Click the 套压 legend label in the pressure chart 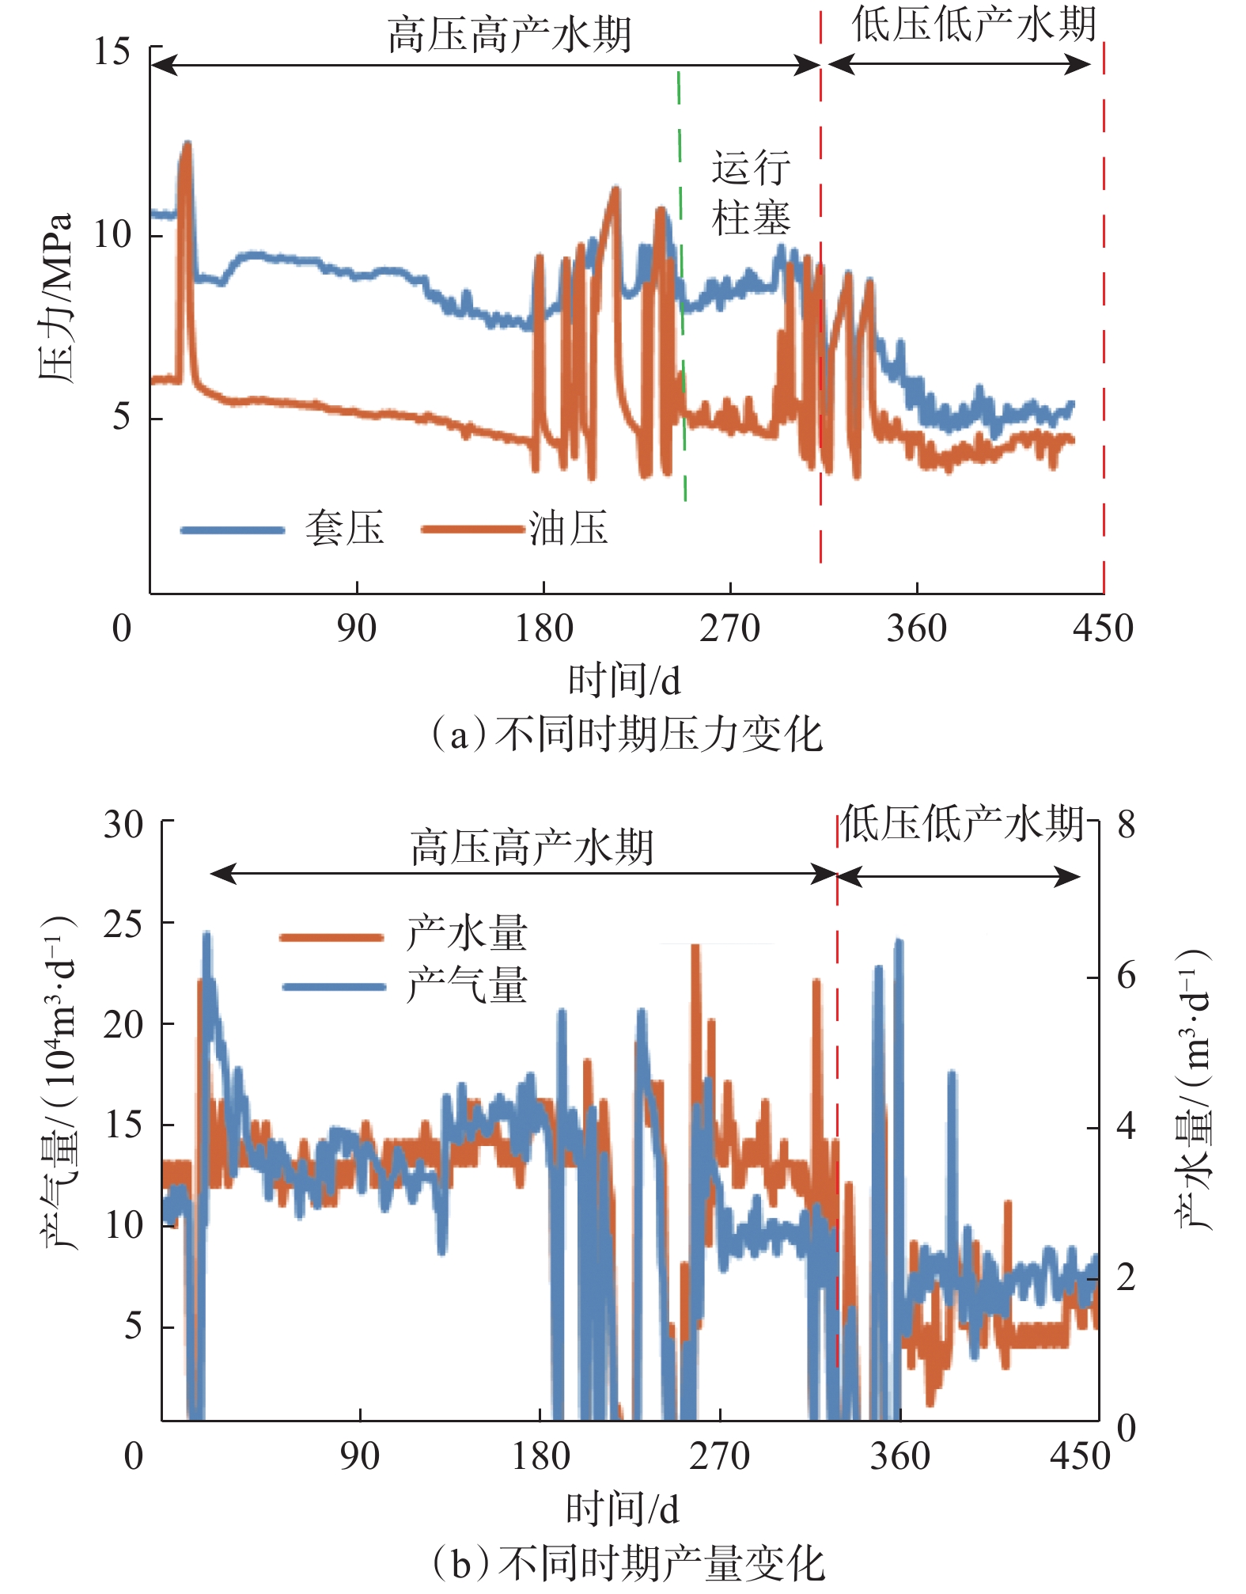344,528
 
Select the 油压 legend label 569,528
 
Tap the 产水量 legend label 467,934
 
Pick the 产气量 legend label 467,985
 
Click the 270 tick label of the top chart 729,629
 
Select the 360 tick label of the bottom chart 899,1455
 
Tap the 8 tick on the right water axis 1126,825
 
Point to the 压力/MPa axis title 55,297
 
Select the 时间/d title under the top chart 624,681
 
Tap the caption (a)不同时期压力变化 625,734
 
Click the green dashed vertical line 681,285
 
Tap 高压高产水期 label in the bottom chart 532,848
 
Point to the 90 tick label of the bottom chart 359,1455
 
